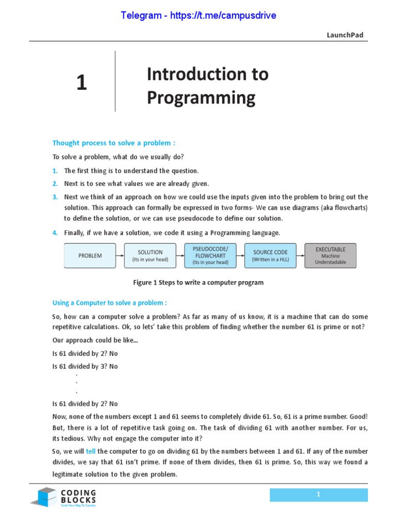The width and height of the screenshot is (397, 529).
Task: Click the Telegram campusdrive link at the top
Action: point(198,15)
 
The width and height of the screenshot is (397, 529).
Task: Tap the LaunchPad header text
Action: point(345,35)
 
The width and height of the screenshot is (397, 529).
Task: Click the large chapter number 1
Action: point(82,83)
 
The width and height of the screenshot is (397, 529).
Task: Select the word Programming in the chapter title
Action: point(201,98)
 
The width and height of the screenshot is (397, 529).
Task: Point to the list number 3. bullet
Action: point(55,197)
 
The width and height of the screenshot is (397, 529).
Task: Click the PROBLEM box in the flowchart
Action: point(90,256)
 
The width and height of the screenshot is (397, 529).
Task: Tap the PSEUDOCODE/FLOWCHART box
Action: point(210,256)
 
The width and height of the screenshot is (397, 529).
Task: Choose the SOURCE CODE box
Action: point(270,256)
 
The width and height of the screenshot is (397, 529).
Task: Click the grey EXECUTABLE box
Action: point(330,256)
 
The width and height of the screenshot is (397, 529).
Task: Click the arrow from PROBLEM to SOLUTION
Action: point(120,256)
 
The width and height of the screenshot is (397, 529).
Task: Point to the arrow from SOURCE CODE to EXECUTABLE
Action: point(300,256)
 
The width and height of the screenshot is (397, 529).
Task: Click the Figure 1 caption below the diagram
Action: point(198,283)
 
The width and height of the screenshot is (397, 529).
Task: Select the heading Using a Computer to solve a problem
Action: point(110,303)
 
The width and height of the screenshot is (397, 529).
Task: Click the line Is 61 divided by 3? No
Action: point(85,366)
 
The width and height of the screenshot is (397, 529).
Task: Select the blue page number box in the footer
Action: point(318,495)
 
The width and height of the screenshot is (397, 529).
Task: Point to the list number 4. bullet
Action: point(55,233)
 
